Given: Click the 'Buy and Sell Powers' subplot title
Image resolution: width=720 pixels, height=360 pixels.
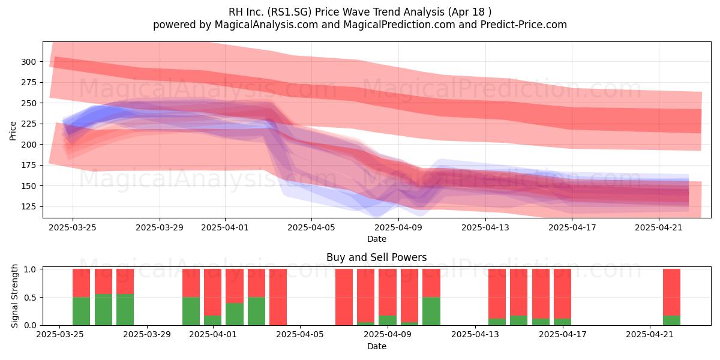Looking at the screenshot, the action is [x=376, y=257].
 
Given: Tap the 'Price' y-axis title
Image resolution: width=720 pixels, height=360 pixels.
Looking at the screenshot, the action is [x=13, y=131].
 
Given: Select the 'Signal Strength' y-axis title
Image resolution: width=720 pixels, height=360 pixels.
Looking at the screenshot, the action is [x=14, y=296].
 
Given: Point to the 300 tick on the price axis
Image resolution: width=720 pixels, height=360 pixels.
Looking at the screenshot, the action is [x=29, y=62].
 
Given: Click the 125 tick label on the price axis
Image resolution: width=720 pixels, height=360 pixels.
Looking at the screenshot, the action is [x=29, y=206].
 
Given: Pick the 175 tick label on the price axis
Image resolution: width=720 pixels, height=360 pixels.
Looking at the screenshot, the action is [x=29, y=165].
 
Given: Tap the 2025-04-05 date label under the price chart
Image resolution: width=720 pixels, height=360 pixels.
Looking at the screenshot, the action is [x=311, y=227].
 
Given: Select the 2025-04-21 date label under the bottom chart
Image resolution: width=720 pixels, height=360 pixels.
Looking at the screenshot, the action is [x=650, y=334].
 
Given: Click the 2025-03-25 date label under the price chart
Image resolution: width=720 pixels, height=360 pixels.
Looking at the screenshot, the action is [x=73, y=227].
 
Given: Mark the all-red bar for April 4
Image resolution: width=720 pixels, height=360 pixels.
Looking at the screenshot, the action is [x=278, y=297].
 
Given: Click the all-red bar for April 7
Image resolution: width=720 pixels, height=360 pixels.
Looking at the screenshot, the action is [x=344, y=297].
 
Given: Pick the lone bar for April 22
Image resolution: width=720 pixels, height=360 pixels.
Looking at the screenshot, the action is [x=672, y=297].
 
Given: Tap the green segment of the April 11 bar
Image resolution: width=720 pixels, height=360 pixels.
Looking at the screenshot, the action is [x=431, y=311].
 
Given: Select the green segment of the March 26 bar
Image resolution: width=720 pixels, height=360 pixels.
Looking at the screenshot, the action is [x=103, y=310].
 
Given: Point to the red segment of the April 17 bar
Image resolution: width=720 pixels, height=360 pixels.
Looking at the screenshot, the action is [x=563, y=294].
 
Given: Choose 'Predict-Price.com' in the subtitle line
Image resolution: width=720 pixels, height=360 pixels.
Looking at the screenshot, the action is [x=524, y=25].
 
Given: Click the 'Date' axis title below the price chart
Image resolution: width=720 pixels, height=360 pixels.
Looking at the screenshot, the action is [x=377, y=239].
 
